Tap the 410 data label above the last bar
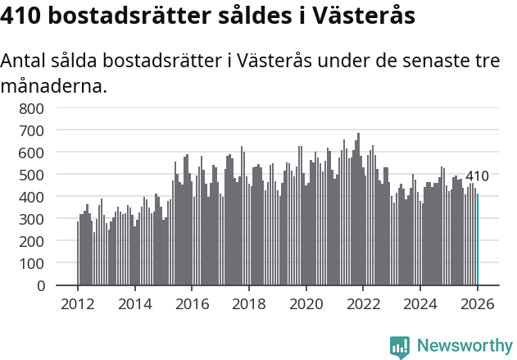coord(477,176)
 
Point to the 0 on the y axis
coord(39,286)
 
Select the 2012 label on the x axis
coord(78,304)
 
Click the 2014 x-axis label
coord(135,304)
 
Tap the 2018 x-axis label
coord(249,304)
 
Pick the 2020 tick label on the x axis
coord(306,304)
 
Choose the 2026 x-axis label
coord(478,304)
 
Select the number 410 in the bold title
coord(22,16)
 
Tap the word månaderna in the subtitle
coord(54,85)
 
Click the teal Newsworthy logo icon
coord(400,347)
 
